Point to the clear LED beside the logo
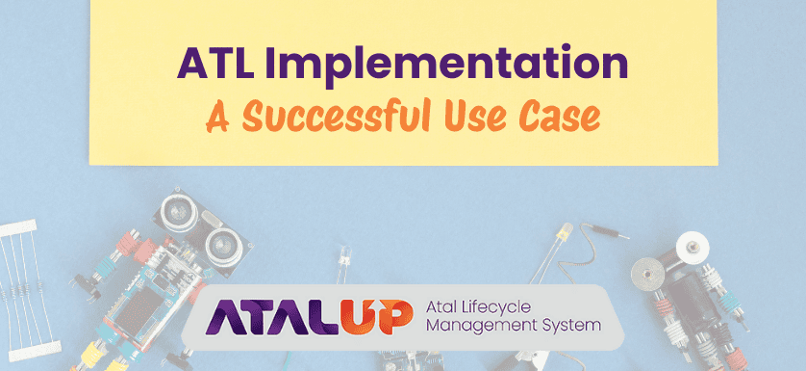click(342, 257)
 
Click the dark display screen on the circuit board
click(131, 307)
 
